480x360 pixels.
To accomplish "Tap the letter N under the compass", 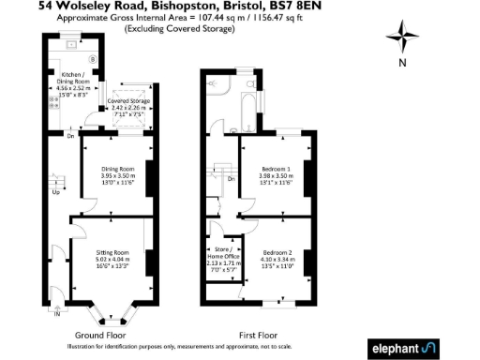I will click(x=402, y=63).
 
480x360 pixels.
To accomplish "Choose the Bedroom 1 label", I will click(x=276, y=170).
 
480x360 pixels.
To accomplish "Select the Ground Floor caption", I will click(x=102, y=335).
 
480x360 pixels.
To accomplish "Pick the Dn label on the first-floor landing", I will click(x=231, y=177).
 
